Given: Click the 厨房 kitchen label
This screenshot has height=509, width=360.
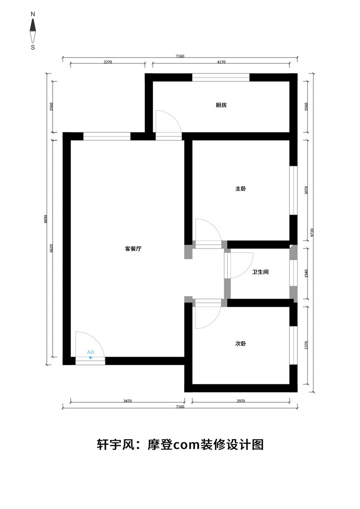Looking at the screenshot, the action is click(x=221, y=105).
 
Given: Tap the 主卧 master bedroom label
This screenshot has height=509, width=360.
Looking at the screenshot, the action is click(x=241, y=189).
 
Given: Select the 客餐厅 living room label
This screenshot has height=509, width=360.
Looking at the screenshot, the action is click(x=133, y=249).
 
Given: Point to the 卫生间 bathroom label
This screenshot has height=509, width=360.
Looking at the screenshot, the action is click(x=261, y=272).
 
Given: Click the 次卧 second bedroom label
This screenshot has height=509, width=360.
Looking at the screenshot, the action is click(x=241, y=343).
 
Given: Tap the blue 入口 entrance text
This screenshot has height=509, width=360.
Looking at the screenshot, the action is click(x=90, y=352).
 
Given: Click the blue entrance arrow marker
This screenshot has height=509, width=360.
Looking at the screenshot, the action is click(x=90, y=358).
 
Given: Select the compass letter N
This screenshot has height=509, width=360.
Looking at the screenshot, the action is click(x=33, y=14).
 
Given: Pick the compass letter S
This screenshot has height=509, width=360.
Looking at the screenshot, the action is click(x=33, y=47).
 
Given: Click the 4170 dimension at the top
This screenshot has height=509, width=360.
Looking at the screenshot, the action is click(x=221, y=62).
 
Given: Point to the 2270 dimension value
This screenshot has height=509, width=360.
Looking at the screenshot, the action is click(x=108, y=62).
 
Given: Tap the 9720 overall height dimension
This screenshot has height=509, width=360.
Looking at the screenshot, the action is click(x=312, y=233).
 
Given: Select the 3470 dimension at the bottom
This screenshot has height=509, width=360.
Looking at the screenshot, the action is click(x=127, y=401).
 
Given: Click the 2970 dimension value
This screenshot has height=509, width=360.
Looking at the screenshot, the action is click(x=241, y=401).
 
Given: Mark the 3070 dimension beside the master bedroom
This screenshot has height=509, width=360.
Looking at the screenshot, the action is click(x=306, y=190).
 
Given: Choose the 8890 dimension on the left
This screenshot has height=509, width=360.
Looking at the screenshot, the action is click(x=46, y=220).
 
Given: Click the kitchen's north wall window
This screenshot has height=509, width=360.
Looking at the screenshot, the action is click(x=221, y=77).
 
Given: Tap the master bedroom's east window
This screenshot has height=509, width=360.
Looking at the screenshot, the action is click(x=293, y=190).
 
